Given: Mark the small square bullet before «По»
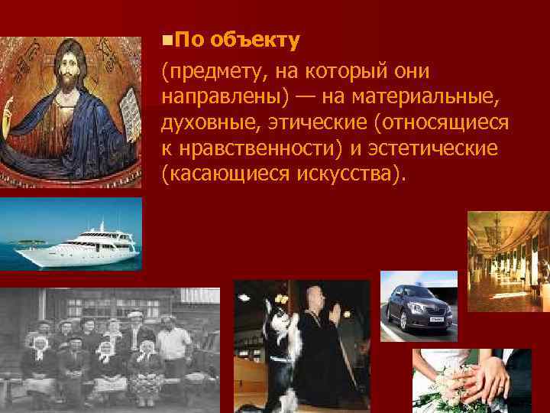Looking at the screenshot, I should [x=167, y=37].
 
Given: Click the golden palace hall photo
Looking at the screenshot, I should [x=507, y=260].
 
